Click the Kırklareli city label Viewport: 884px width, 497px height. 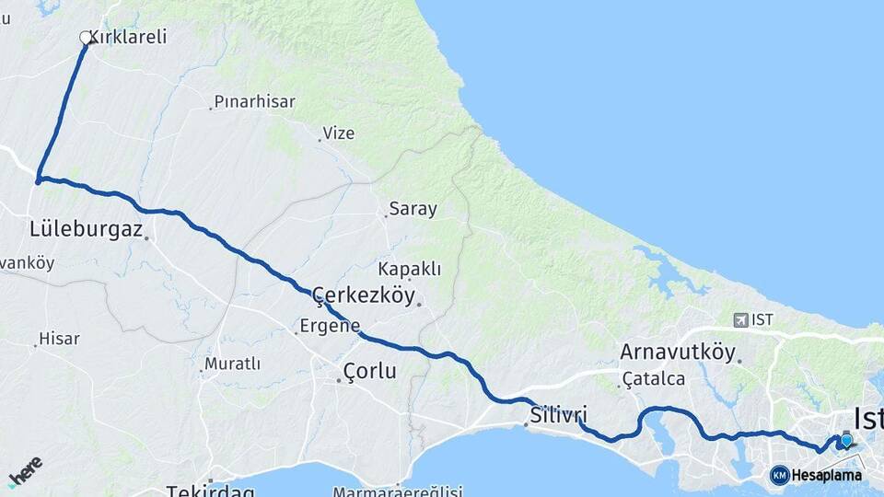134,38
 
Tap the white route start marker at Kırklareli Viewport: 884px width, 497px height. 87,38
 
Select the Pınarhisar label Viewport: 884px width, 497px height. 254,101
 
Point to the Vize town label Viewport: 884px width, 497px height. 338,133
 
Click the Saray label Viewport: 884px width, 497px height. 413,209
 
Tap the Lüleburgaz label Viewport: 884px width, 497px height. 87,229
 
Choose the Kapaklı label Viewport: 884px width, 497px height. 410,270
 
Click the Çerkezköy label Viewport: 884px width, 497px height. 366,295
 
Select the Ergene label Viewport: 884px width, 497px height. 330,326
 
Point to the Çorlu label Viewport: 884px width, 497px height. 369,371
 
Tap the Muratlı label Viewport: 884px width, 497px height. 232,364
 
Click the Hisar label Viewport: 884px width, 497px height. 60,339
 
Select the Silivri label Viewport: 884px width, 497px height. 558,414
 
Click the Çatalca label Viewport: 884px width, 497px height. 654,378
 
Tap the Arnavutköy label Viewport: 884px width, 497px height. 678,353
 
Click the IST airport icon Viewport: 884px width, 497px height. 741,319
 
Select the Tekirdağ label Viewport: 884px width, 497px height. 211,491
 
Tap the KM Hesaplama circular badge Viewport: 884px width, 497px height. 780,475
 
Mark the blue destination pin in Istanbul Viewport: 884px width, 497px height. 845,440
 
